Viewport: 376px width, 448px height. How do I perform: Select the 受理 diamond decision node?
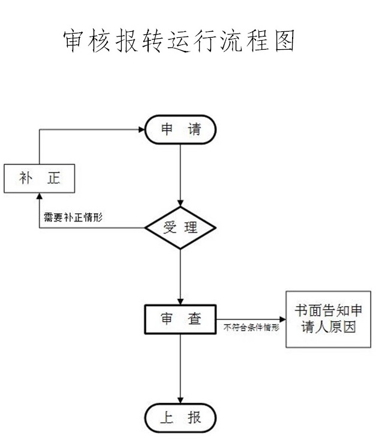[181, 228]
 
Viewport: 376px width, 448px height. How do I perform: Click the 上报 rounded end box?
[181, 418]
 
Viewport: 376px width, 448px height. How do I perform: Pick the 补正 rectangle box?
[40, 178]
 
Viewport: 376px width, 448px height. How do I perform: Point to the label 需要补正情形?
[73, 217]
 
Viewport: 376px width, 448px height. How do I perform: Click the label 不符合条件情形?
[251, 328]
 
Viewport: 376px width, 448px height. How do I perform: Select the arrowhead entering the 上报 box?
[181, 400]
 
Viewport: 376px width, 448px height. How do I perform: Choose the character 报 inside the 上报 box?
[194, 418]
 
